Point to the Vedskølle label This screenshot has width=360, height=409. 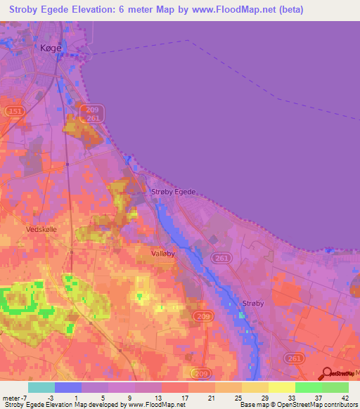coord(41,230)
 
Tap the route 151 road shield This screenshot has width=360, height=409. coord(14,112)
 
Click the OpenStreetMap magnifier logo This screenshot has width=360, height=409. coord(327,375)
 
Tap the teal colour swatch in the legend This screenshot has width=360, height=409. coord(41,387)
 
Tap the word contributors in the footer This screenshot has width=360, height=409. coord(337,405)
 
